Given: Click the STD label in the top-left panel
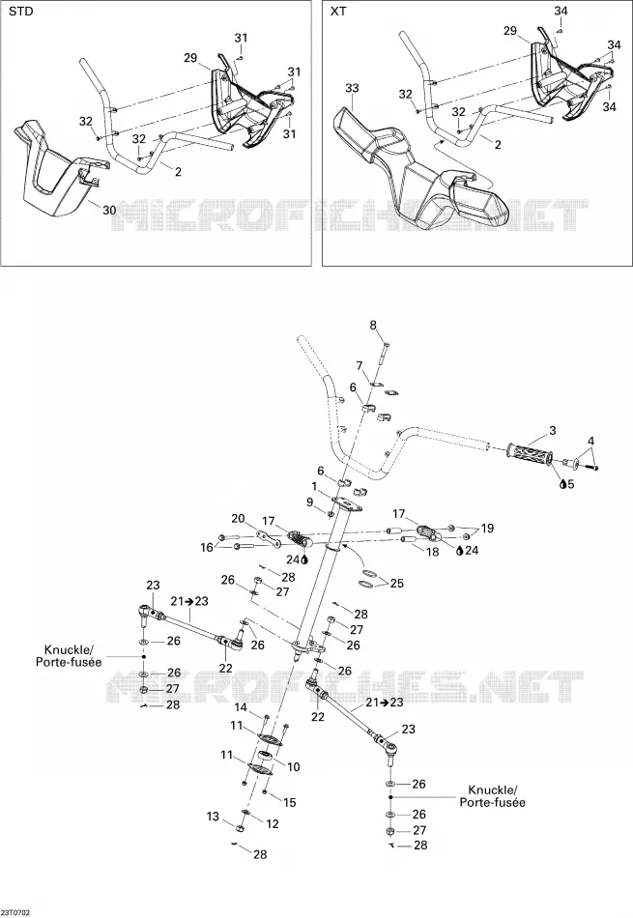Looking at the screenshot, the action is click(x=21, y=12).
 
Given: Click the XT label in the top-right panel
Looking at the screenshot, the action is click(x=338, y=12).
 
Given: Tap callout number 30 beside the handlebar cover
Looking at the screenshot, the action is click(x=109, y=210).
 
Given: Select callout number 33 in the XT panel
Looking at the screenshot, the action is click(x=352, y=88).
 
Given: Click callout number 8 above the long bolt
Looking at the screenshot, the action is click(x=373, y=326).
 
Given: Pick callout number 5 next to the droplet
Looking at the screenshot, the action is click(x=571, y=484).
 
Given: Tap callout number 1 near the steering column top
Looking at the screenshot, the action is click(x=314, y=486).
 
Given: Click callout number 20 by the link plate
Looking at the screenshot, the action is click(x=238, y=519).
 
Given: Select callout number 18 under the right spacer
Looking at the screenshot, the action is click(x=432, y=552).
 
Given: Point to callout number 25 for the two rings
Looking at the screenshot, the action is click(x=397, y=584).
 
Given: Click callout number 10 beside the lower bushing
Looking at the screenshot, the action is click(x=294, y=767).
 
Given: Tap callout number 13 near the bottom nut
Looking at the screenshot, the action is click(x=213, y=817).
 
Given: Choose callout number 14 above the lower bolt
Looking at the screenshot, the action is click(x=242, y=708).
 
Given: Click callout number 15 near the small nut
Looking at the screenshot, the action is click(x=290, y=803).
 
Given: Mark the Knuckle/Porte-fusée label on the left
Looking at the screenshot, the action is click(x=72, y=656).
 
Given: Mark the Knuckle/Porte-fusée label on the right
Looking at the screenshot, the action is click(x=493, y=796).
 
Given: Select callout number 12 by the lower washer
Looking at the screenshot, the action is click(x=273, y=823).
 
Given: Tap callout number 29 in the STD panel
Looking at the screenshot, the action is click(x=190, y=57).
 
